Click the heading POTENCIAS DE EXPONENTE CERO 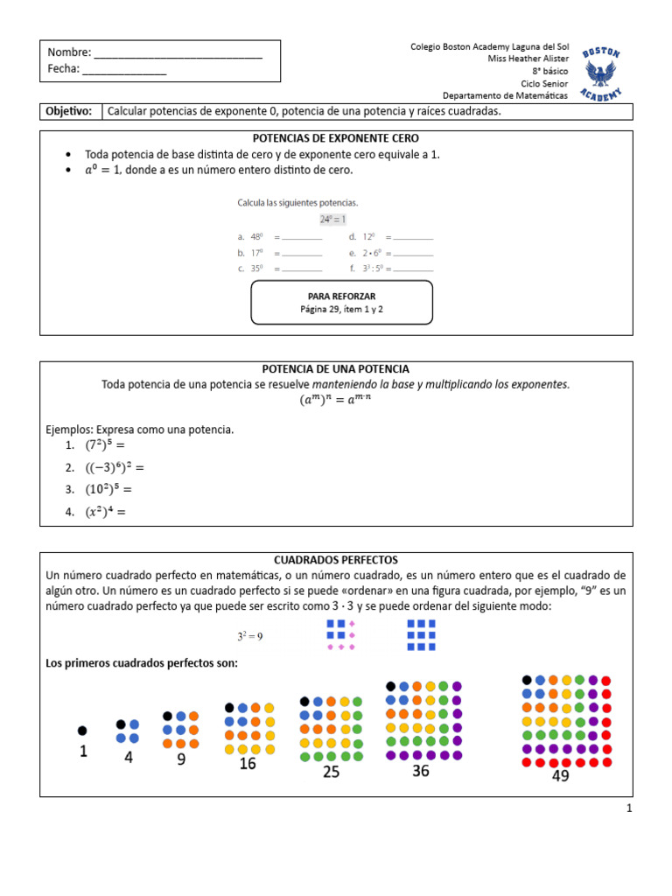tap(335, 138)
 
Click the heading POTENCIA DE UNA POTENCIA tap(335, 369)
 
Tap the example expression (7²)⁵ tap(108, 445)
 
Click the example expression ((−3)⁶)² tap(115, 467)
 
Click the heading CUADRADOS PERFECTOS tap(335, 559)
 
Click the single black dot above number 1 tap(82, 730)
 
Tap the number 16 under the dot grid tap(248, 764)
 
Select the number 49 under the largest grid tap(561, 775)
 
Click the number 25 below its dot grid tap(331, 772)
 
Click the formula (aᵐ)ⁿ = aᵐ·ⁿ tap(335, 401)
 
